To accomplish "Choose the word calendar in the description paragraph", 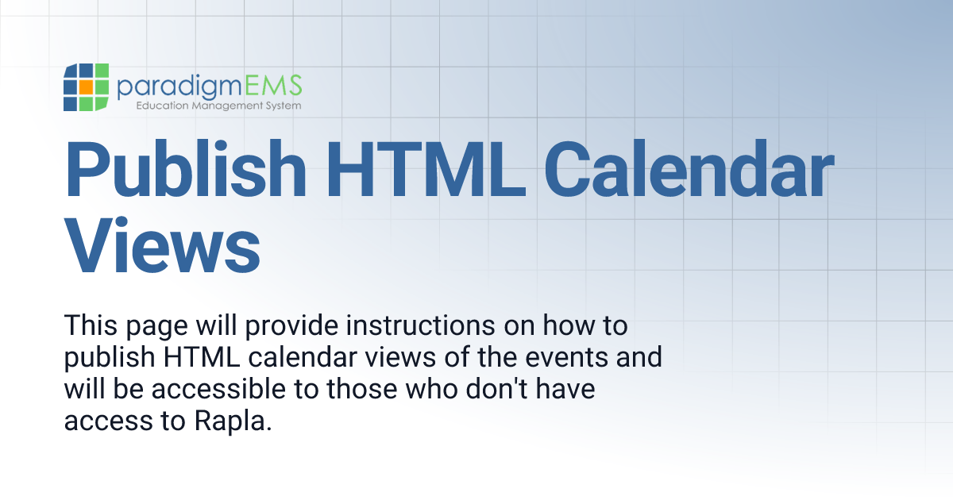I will click(303, 358).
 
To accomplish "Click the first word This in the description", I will click(90, 326).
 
